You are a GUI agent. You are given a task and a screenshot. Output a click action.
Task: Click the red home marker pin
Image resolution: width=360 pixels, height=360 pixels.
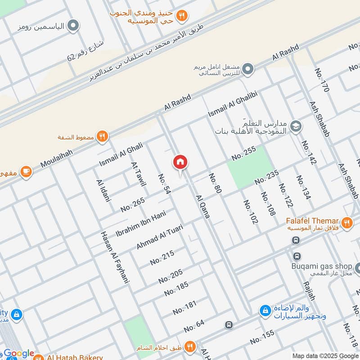[180, 162]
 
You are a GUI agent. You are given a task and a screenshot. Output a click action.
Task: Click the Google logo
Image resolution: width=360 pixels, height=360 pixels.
[19, 354]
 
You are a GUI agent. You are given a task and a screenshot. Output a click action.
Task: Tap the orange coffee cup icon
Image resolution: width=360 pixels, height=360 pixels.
[26, 171]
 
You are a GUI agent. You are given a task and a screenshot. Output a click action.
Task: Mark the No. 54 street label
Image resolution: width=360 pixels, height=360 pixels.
[165, 184]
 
